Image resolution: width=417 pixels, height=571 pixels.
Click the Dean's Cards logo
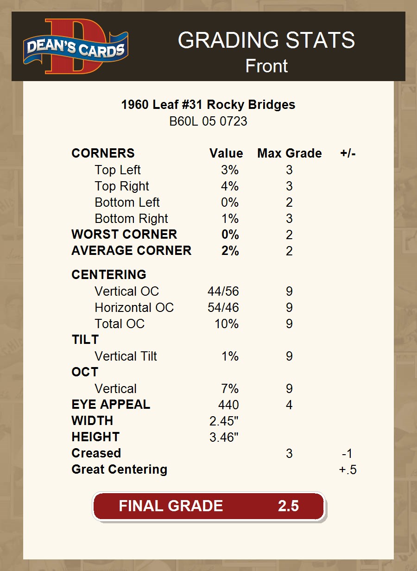(x=76, y=46)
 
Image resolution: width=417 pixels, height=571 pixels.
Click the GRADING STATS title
(x=266, y=40)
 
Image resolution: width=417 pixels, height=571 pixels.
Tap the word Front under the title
(x=266, y=66)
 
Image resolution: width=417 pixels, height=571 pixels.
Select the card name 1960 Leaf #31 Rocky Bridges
(x=208, y=105)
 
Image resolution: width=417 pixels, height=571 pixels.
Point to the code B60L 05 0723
(x=208, y=121)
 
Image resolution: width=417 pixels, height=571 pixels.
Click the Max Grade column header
(x=289, y=153)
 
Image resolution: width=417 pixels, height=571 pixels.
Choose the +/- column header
(x=347, y=153)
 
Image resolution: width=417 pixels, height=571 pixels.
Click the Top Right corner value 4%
(x=230, y=186)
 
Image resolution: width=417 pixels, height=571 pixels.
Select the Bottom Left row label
(x=127, y=203)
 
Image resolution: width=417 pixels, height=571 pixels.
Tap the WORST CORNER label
(x=124, y=235)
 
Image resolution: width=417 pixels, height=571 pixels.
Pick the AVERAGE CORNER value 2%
(x=230, y=251)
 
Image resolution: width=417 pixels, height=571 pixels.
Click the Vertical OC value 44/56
(x=223, y=292)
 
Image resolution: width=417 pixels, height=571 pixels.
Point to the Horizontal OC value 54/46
(x=223, y=308)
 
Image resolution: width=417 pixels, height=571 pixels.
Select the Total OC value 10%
(x=227, y=324)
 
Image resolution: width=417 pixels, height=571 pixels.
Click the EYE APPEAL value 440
(x=228, y=405)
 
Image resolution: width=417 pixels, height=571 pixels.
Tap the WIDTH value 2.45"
(x=224, y=421)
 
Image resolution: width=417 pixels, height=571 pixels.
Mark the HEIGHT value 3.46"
(x=224, y=438)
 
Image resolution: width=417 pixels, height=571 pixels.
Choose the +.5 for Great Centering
(x=347, y=470)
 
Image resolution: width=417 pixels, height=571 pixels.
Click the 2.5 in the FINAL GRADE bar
(x=288, y=506)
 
